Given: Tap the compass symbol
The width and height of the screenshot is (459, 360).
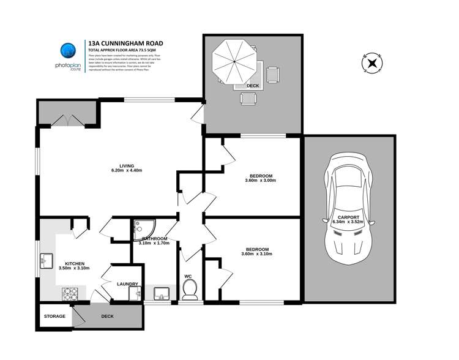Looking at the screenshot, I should [x=371, y=62].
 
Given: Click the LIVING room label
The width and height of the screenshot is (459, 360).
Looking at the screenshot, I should [x=127, y=165].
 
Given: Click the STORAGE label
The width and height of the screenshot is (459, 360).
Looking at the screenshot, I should [x=54, y=317].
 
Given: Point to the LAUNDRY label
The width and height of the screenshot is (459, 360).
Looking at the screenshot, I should [x=127, y=284].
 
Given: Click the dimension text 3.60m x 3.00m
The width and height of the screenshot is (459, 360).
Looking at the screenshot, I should [x=260, y=181].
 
